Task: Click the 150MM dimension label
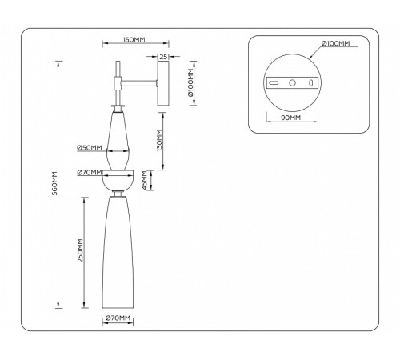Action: point(134,40)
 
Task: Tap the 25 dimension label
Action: point(163,57)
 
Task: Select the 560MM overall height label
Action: point(54,183)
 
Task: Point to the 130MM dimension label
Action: point(159,141)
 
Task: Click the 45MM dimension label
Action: point(144,181)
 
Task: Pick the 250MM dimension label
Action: point(80,250)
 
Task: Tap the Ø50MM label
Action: point(90,147)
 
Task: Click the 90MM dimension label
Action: point(291,118)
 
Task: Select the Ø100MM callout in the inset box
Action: point(335,43)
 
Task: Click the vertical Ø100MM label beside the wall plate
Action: point(190,82)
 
